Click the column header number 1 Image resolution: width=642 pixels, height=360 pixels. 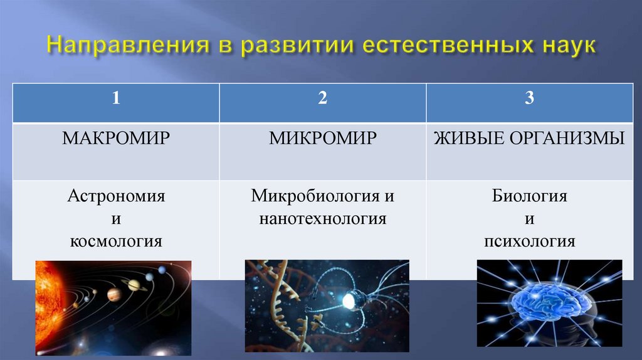116,98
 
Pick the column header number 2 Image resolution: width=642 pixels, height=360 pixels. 323,98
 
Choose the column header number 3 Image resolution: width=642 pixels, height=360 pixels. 530,98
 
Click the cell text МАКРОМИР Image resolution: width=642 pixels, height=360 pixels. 116,138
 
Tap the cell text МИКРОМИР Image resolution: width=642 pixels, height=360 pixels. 323,138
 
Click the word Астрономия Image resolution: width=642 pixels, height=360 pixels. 116,196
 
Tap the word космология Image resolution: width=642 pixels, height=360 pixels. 116,241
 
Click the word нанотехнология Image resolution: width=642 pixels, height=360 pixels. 323,219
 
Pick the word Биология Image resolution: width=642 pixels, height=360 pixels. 530,196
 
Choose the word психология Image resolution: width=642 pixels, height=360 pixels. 530,241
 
